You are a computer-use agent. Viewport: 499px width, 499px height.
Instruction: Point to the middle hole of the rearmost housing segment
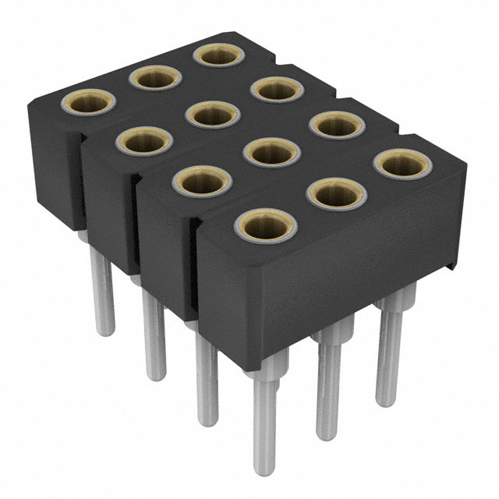155,77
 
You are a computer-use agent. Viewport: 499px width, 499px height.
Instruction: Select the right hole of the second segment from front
336,125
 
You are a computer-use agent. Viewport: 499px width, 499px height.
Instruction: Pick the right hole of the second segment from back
276,90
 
